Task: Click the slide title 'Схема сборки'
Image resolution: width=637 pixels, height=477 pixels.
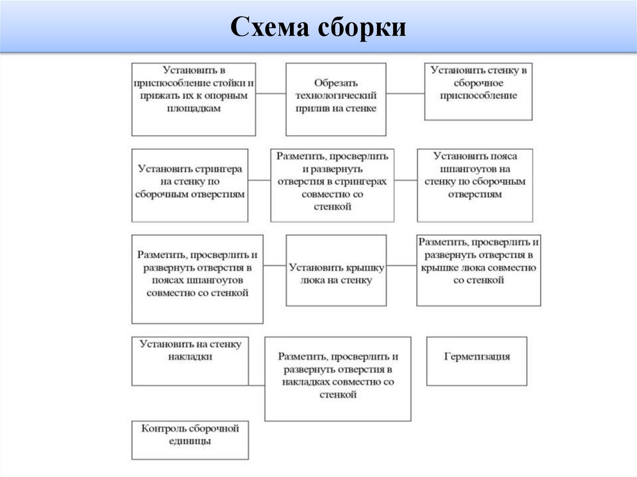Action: point(318,28)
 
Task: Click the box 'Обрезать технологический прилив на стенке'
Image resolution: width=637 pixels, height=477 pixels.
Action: point(336,99)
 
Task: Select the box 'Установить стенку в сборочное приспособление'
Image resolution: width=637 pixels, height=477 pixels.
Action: point(478,91)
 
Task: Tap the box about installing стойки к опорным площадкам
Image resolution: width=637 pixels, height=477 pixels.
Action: point(193,99)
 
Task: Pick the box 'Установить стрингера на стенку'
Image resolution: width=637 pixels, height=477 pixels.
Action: point(190,185)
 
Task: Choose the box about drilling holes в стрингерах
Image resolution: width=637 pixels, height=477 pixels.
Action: point(332,185)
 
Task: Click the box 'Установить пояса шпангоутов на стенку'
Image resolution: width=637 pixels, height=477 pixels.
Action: point(475,185)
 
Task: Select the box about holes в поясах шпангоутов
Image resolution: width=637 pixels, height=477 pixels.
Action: point(197,279)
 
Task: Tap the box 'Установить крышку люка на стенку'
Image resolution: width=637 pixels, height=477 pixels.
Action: point(336,270)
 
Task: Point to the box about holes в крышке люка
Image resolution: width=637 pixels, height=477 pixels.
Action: point(478,270)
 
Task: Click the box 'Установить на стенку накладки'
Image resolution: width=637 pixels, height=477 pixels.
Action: point(190,361)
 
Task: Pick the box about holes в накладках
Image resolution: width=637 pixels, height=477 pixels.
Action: point(338,379)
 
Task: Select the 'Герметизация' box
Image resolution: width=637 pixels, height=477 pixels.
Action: point(477,361)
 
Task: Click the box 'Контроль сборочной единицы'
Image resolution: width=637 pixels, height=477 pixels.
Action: point(190,440)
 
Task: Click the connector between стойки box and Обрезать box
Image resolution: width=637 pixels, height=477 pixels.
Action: point(271,94)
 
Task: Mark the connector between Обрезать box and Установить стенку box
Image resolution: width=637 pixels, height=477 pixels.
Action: point(405,94)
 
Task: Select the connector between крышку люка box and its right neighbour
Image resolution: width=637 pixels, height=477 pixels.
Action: point(401,266)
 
